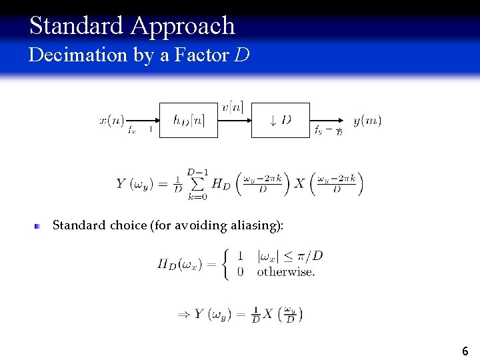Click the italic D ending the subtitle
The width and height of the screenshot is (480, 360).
pyautogui.click(x=243, y=55)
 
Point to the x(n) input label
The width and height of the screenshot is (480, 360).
pyautogui.click(x=111, y=121)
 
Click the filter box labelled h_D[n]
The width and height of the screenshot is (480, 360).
pyautogui.click(x=188, y=120)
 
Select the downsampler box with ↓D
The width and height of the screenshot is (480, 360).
pyautogui.click(x=280, y=120)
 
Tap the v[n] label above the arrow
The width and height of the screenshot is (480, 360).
pyautogui.click(x=233, y=107)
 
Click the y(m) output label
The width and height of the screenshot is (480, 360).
pyautogui.click(x=367, y=121)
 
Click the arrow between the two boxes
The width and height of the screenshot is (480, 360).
pyautogui.click(x=234, y=120)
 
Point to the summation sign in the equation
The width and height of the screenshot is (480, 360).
pyautogui.click(x=197, y=183)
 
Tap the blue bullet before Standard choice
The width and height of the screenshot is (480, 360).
pyautogui.click(x=39, y=226)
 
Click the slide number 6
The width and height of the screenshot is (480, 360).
pyautogui.click(x=465, y=351)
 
